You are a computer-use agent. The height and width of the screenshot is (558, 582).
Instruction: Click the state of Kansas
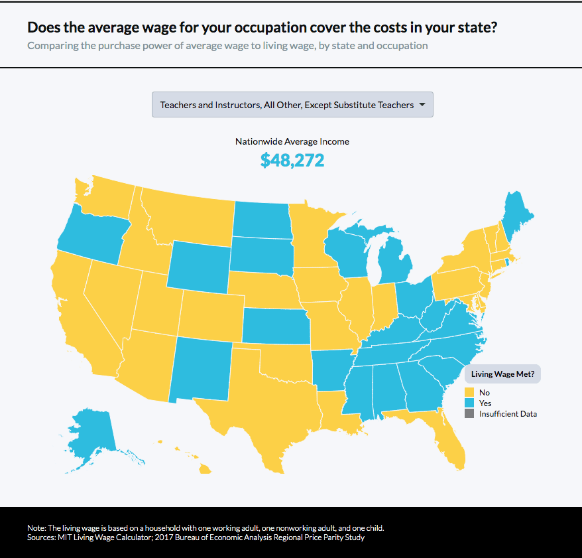click(275, 326)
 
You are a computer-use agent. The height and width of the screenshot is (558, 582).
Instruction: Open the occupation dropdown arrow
click(423, 105)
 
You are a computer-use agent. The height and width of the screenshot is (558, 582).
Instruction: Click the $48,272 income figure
click(292, 161)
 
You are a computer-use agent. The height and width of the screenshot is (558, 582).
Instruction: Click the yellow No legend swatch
click(469, 392)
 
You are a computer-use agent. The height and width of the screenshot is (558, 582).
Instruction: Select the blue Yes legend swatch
click(469, 403)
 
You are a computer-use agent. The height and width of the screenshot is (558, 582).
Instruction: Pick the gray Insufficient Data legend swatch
click(469, 413)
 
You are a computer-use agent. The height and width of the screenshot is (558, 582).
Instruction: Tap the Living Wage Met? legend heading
click(502, 374)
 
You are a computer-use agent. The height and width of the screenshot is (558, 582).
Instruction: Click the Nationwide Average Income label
click(292, 141)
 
